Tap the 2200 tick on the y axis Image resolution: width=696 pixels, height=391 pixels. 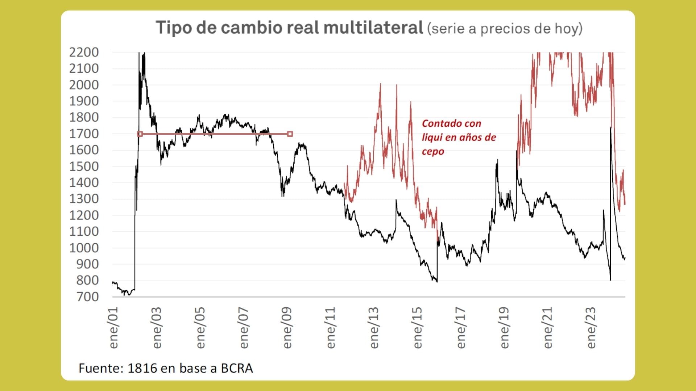click(84, 52)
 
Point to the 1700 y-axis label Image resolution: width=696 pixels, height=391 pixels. click(84, 134)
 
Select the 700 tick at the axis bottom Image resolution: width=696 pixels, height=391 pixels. click(87, 297)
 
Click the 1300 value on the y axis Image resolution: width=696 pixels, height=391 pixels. click(84, 199)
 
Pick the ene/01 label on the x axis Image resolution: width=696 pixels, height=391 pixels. click(113, 328)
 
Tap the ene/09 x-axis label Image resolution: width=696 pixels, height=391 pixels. click(287, 328)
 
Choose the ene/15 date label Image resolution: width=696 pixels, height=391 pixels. click(418, 328)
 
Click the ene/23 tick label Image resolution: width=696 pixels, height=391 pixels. click(591, 328)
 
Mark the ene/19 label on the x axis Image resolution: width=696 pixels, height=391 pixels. click(504, 328)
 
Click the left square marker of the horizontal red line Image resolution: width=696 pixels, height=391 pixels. click(140, 134)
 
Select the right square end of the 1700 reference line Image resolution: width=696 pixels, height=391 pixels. click(290, 134)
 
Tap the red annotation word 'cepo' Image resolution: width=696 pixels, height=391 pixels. click(433, 151)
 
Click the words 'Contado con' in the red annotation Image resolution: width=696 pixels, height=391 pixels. click(451, 123)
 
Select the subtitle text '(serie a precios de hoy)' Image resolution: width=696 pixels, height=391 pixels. click(505, 29)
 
